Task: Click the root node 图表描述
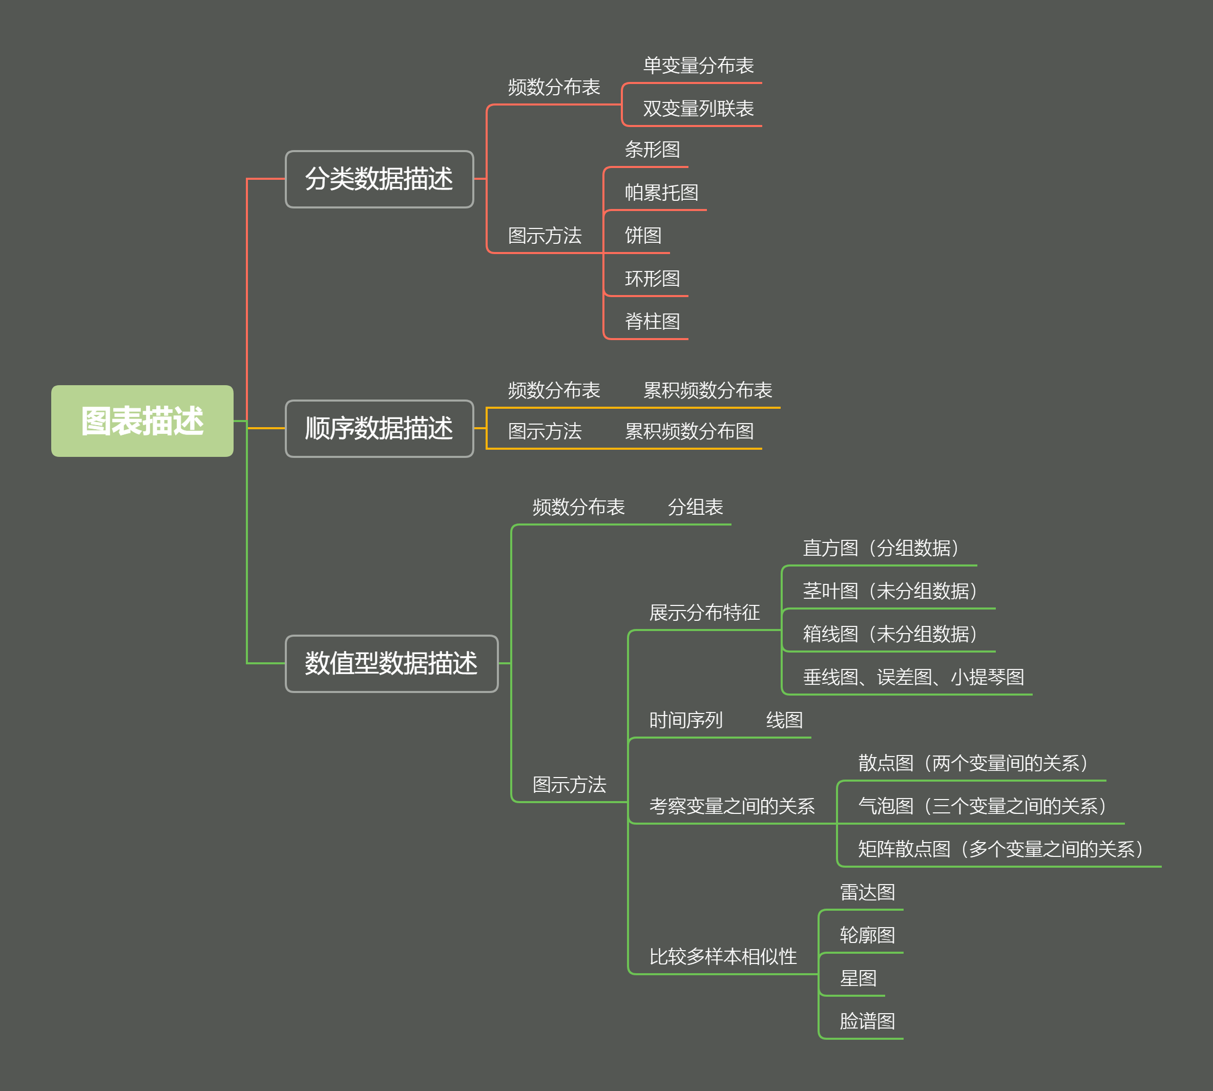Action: point(142,421)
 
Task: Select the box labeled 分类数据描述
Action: point(379,179)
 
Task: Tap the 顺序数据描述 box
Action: point(379,428)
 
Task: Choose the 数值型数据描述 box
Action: point(391,663)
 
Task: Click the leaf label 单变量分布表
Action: point(698,66)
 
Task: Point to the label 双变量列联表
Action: point(698,109)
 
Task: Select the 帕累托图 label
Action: point(661,193)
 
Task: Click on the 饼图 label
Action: point(643,236)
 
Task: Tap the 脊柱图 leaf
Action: point(653,321)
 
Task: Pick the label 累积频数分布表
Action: point(707,390)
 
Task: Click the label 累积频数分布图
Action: point(689,431)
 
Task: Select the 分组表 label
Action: point(695,507)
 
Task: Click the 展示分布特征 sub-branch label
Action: point(704,613)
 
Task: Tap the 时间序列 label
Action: point(686,720)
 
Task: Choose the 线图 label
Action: point(784,720)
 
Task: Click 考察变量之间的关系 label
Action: point(731,806)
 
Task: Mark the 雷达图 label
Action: point(867,892)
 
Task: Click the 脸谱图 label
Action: point(867,1021)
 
